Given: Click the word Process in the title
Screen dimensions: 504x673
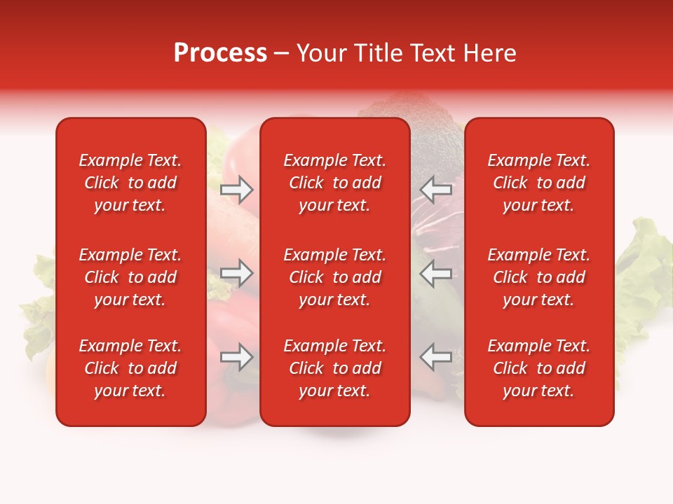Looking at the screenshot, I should (220, 53).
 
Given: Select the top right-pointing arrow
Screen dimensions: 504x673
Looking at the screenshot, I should (237, 190).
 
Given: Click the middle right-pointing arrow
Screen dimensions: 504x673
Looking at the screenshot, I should (237, 273).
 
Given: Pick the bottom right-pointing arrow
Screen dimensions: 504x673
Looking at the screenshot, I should (237, 357).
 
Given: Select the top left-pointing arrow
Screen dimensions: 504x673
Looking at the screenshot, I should (435, 190).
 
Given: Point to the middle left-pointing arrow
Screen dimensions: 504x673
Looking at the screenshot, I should (435, 273).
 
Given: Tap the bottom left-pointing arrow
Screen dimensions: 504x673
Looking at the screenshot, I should (435, 357).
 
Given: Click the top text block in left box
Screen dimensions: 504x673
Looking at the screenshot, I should (130, 183).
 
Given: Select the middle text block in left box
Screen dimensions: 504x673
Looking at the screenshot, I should (130, 277).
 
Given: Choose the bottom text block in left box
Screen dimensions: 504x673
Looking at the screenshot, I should (130, 368).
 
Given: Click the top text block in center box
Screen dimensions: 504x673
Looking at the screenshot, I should (334, 183).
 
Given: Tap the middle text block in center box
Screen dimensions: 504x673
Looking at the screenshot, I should (334, 277).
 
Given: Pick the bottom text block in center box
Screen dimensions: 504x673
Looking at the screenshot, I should (334, 368).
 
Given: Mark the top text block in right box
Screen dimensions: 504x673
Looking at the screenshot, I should (538, 183).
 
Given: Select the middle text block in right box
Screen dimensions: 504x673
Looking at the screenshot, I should (538, 277).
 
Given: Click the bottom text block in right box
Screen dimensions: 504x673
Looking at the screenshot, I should (538, 368).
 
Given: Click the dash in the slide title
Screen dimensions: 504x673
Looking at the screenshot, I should (282, 54).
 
